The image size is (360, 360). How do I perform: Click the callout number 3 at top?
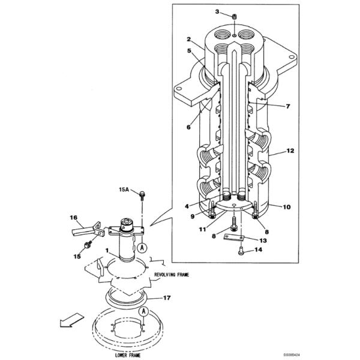click(217, 11)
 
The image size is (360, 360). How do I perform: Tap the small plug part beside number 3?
click(235, 17)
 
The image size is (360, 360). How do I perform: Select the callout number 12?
click(290, 151)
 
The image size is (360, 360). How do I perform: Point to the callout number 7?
click(287, 106)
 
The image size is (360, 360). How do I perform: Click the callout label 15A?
click(125, 190)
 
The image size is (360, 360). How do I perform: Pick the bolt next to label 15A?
click(142, 195)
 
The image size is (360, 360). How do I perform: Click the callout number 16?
click(74, 217)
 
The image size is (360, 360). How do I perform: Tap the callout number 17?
click(167, 298)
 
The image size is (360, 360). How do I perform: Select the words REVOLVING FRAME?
click(172, 275)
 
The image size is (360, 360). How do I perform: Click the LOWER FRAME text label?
click(127, 355)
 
